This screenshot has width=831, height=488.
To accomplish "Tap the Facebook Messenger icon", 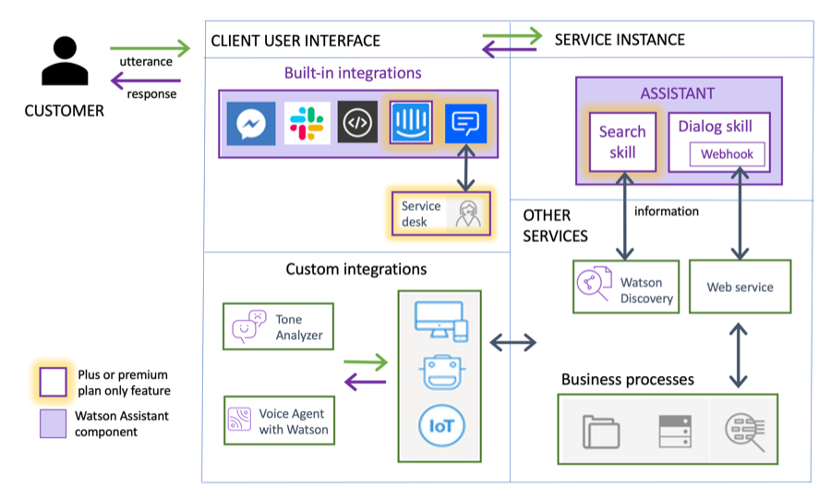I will [251, 123].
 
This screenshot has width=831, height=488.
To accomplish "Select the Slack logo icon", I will [307, 123].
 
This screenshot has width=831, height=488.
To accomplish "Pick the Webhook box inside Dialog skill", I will [728, 154].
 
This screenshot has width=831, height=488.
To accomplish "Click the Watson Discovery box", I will [625, 286].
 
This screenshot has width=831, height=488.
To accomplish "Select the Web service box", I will [740, 287].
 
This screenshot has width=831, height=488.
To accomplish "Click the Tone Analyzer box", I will [277, 326].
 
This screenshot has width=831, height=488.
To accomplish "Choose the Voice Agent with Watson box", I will [278, 421].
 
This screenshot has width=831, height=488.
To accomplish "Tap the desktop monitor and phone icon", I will [440, 319].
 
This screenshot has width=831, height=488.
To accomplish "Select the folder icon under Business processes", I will [601, 432].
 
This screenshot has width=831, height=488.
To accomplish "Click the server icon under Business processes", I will [675, 432].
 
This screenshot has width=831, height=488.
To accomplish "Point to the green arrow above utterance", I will [150, 47].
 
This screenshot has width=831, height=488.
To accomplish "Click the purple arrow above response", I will [150, 81].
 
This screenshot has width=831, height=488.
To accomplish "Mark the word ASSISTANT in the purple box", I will [678, 93].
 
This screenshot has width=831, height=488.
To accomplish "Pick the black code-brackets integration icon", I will [357, 123].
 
